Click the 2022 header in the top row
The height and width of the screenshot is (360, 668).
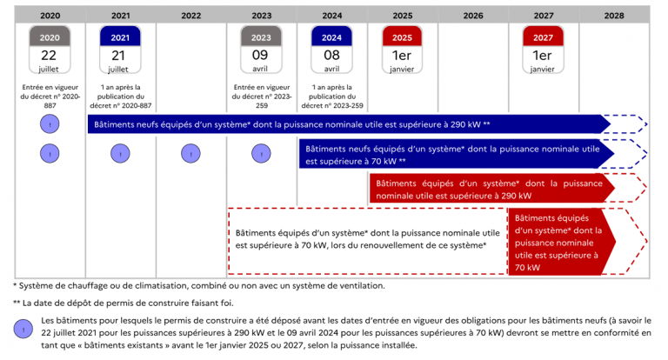pyautogui.click(x=190, y=16)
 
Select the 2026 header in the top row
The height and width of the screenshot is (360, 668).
pyautogui.click(x=473, y=16)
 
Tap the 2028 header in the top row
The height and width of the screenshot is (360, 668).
pyautogui.click(x=614, y=16)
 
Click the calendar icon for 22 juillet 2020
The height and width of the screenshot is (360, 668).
pyautogui.click(x=50, y=50)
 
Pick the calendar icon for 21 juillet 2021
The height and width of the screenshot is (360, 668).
pyautogui.click(x=120, y=50)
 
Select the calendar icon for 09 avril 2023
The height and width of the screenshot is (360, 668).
pyautogui.click(x=261, y=50)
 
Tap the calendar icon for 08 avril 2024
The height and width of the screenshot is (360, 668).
pyautogui.click(x=331, y=50)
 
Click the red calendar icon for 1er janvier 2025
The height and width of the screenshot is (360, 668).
pyautogui.click(x=402, y=50)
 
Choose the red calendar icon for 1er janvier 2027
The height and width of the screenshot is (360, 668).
pyautogui.click(x=543, y=50)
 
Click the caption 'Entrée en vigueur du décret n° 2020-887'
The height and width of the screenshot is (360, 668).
pyautogui.click(x=50, y=97)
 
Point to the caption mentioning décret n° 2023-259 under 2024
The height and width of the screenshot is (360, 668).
pyautogui.click(x=332, y=97)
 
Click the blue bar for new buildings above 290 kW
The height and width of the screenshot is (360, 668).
pyautogui.click(x=350, y=124)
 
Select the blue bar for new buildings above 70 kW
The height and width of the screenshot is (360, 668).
pyautogui.click(x=456, y=154)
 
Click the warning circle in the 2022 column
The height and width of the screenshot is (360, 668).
pyautogui.click(x=190, y=154)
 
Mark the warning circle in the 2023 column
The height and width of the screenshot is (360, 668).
pyautogui.click(x=261, y=154)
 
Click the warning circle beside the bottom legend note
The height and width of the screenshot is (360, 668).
pyautogui.click(x=23, y=330)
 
